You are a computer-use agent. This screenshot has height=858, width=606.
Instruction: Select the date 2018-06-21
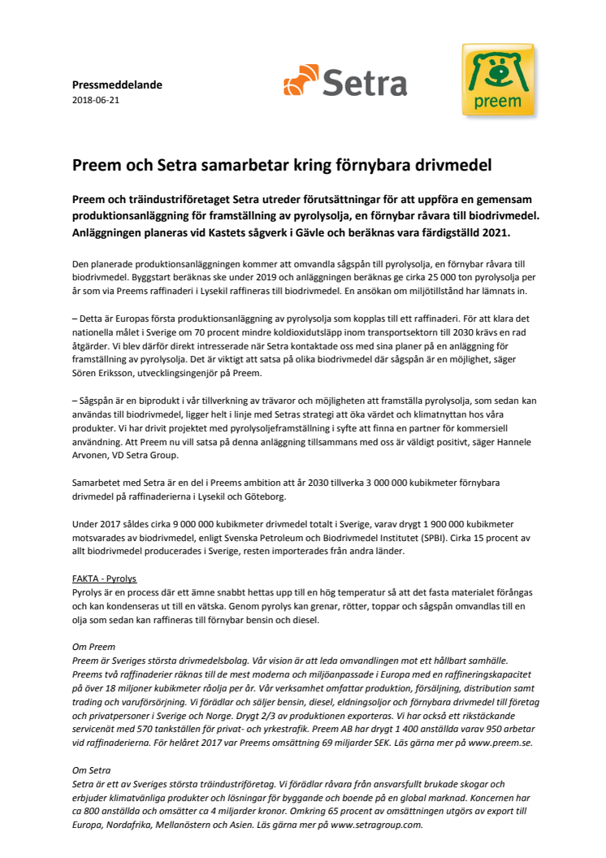pyautogui.click(x=96, y=100)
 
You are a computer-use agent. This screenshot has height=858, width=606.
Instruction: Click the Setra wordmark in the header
pyautogui.click(x=365, y=83)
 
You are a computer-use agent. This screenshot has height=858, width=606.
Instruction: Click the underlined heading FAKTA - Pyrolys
pyautogui.click(x=104, y=579)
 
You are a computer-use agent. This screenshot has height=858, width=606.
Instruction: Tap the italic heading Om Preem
pyautogui.click(x=93, y=648)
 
